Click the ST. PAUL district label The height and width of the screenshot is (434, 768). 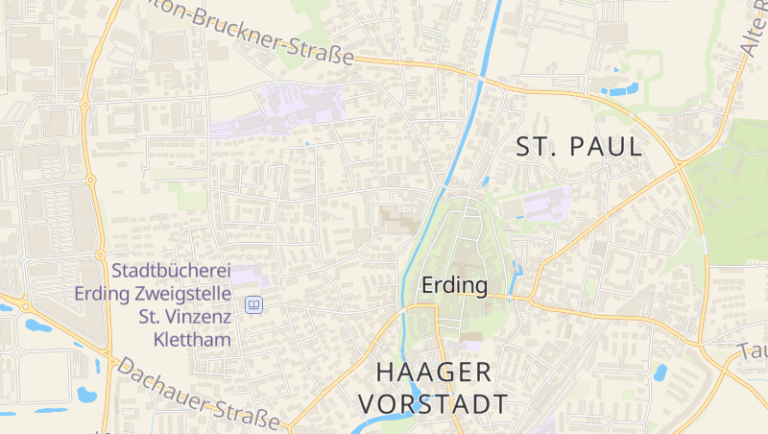point(579,147)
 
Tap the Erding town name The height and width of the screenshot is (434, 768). point(455,285)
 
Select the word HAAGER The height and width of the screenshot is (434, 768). point(434,372)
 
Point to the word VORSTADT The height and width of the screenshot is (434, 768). point(443,403)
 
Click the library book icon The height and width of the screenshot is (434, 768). point(253,304)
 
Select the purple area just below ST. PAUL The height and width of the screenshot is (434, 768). point(543,203)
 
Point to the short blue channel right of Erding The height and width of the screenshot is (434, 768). point(519,277)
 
